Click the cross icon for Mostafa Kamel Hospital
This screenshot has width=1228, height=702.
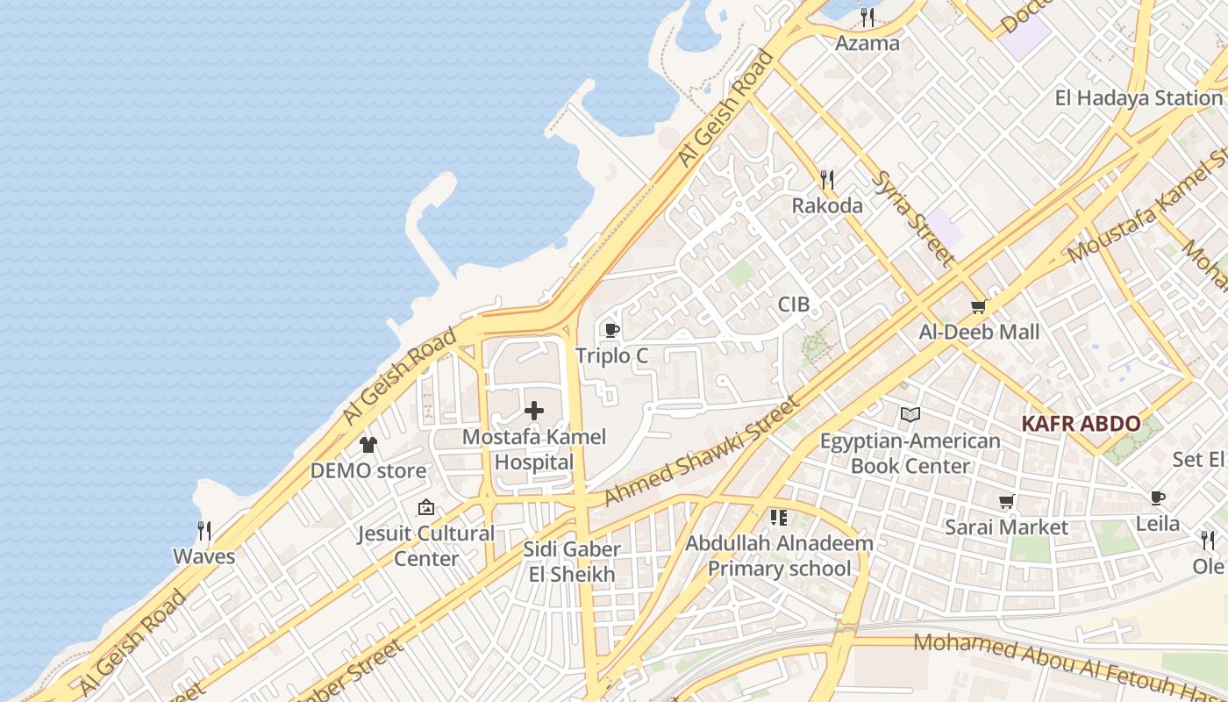[x=534, y=411]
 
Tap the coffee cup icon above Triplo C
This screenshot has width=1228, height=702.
[x=612, y=330]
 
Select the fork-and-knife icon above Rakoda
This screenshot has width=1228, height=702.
[x=827, y=180]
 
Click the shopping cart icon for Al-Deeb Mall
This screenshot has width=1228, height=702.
[x=979, y=306]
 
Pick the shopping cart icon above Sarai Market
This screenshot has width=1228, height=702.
[x=1007, y=502]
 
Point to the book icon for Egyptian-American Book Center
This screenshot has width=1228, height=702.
[x=910, y=414]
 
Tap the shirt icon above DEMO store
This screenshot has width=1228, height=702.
[x=368, y=445]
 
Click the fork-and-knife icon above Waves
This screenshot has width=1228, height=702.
[x=204, y=531]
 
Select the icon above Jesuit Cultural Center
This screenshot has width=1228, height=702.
[x=426, y=507]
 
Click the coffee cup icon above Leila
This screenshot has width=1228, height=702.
[x=1158, y=498]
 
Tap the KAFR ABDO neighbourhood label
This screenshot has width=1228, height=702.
[x=1081, y=424]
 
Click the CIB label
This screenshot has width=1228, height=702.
[x=794, y=305]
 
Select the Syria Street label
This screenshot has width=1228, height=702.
[x=913, y=218]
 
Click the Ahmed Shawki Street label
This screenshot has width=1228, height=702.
[x=702, y=451]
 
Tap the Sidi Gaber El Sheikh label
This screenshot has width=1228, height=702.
[x=572, y=562]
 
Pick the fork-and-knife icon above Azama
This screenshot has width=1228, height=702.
[x=867, y=17]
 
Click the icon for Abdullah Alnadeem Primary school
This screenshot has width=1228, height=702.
[x=779, y=518]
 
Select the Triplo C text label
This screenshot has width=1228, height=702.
[x=612, y=355]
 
